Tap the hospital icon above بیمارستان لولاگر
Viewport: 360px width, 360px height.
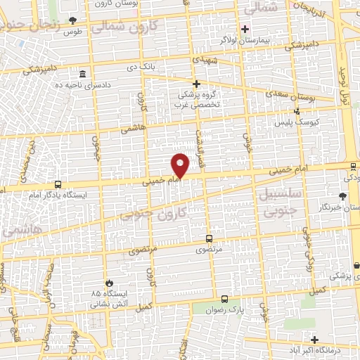(245, 29)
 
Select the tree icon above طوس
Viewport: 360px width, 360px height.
(72, 21)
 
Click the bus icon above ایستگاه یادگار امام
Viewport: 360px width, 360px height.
(56, 185)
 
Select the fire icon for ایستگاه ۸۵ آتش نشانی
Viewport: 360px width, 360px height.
(108, 280)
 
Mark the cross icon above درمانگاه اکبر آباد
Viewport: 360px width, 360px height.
(316, 339)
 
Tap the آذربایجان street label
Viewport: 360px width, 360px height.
(314, 10)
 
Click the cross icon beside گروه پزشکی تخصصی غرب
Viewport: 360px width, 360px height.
(197, 84)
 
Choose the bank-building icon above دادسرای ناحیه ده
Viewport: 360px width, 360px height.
(83, 75)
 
